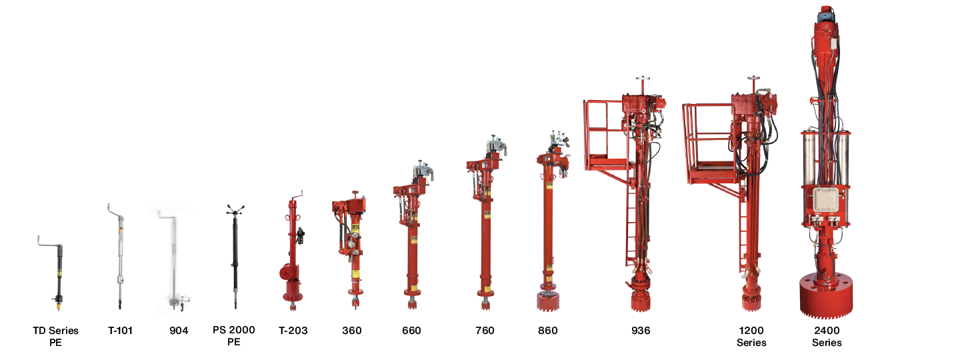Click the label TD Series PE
[55, 336]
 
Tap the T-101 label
[120, 331]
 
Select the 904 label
[179, 331]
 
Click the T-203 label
[293, 331]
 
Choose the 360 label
[351, 331]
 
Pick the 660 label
[411, 331]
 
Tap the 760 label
[485, 331]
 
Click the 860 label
[547, 331]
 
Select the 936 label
[640, 331]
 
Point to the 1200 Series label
[751, 336]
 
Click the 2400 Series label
[827, 336]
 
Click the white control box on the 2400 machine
[827, 200]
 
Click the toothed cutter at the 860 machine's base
[547, 299]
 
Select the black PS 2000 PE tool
[235, 253]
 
